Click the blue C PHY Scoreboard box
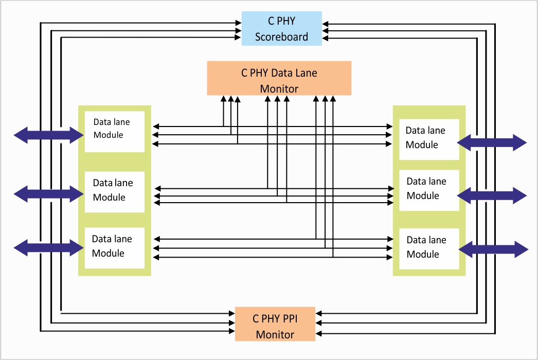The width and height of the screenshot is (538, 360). click(x=281, y=29)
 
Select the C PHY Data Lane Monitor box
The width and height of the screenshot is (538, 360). click(x=279, y=78)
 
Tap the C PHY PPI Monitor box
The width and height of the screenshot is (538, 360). click(x=275, y=324)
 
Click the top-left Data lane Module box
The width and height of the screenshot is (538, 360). click(x=114, y=131)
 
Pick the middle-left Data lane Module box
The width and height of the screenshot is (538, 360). click(x=114, y=191)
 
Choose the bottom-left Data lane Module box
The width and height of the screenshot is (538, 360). click(x=114, y=247)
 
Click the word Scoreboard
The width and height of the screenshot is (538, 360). click(x=281, y=37)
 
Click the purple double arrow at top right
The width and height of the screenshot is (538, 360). click(x=492, y=142)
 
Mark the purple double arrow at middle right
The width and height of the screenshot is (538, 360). click(x=492, y=195)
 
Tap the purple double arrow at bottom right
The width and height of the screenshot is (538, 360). click(x=493, y=249)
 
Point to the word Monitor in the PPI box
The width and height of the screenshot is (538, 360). click(x=275, y=334)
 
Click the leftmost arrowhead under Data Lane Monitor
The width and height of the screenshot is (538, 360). click(x=223, y=98)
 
